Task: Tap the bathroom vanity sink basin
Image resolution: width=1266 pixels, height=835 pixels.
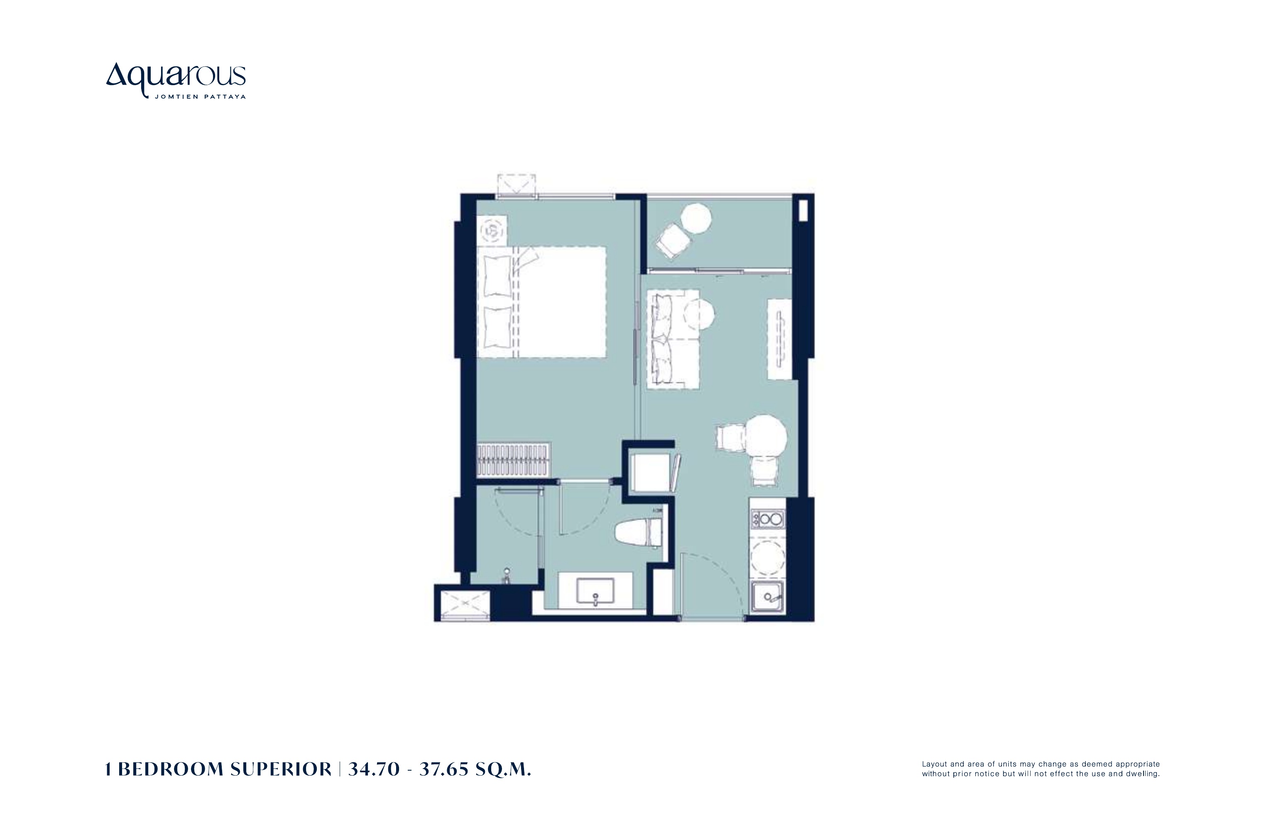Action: click(x=595, y=591)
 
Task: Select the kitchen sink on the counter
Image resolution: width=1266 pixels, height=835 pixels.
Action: click(x=767, y=596)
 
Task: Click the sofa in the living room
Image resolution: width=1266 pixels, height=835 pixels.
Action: click(x=672, y=339)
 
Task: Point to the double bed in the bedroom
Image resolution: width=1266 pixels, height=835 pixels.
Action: click(x=541, y=302)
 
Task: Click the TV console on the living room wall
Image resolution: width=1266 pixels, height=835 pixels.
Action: click(x=779, y=339)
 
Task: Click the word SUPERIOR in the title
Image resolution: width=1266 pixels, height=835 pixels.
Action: click(x=281, y=769)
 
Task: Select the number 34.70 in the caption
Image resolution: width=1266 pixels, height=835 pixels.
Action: click(x=374, y=769)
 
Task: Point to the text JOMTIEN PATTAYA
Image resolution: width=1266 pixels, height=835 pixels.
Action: click(x=200, y=97)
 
